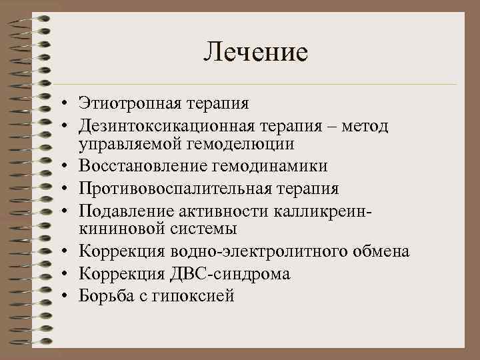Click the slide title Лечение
point(256,51)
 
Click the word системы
point(204,229)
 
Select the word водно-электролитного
point(263,251)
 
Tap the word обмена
point(381,251)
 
